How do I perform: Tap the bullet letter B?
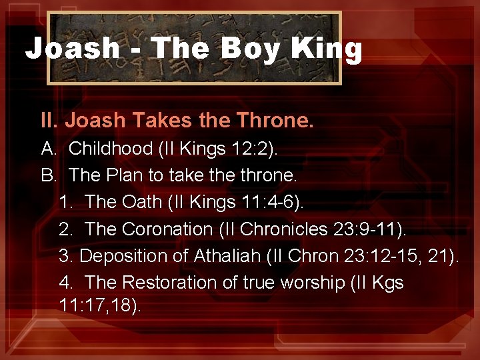[48, 175]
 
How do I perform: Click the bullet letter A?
[48, 148]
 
